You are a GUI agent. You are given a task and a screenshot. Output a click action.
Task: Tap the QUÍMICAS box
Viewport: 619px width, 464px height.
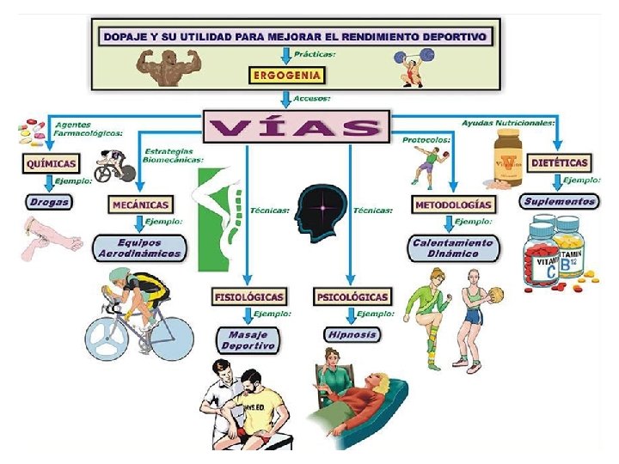click(x=51, y=162)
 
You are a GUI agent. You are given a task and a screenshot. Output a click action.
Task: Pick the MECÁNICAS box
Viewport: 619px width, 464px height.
click(x=139, y=205)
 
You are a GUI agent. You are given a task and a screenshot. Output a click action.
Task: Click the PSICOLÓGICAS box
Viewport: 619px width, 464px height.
click(x=352, y=296)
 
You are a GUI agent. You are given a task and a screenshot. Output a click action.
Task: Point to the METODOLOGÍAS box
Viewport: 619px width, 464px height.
click(x=454, y=205)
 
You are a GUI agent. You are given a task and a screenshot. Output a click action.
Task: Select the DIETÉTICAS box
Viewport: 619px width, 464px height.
click(x=560, y=162)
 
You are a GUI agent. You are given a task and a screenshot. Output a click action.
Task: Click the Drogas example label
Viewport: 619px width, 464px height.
click(x=48, y=202)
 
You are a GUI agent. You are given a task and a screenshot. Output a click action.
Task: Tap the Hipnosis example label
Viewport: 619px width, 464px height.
click(x=352, y=333)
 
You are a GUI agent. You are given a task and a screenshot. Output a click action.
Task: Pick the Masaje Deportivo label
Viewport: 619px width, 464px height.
click(x=248, y=339)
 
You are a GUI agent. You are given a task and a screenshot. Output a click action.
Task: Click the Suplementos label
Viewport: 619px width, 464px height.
click(x=558, y=201)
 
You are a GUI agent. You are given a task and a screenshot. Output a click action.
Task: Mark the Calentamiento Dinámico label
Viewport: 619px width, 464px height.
click(x=452, y=247)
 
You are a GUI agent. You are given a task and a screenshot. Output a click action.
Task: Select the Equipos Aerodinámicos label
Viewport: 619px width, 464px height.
click(x=139, y=247)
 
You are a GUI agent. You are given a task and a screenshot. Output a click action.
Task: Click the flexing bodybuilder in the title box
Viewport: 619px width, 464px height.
click(x=169, y=66)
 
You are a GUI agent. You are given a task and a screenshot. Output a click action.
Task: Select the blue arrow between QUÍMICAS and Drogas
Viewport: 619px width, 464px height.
click(x=48, y=182)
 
